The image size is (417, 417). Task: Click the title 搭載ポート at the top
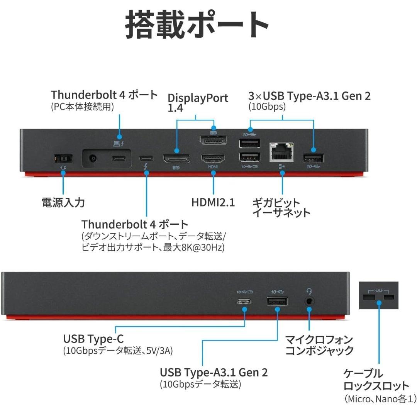click(x=197, y=25)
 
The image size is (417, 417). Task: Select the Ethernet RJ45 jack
click(x=282, y=152)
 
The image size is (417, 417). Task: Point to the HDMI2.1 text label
click(x=213, y=202)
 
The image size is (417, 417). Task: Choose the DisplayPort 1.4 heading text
click(x=198, y=102)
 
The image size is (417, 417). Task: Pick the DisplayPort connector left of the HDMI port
click(x=176, y=158)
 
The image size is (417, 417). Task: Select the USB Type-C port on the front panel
click(x=245, y=302)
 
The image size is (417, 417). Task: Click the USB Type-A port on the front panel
click(x=277, y=302)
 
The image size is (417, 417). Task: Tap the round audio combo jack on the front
click(x=309, y=301)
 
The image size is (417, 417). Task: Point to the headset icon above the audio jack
click(x=309, y=291)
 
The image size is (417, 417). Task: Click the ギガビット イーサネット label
click(x=281, y=208)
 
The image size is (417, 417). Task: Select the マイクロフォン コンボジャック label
click(x=319, y=345)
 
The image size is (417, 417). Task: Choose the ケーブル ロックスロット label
click(x=376, y=380)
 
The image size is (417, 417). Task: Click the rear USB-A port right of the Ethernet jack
click(x=314, y=158)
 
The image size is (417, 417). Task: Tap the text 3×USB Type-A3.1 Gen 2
click(x=309, y=96)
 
